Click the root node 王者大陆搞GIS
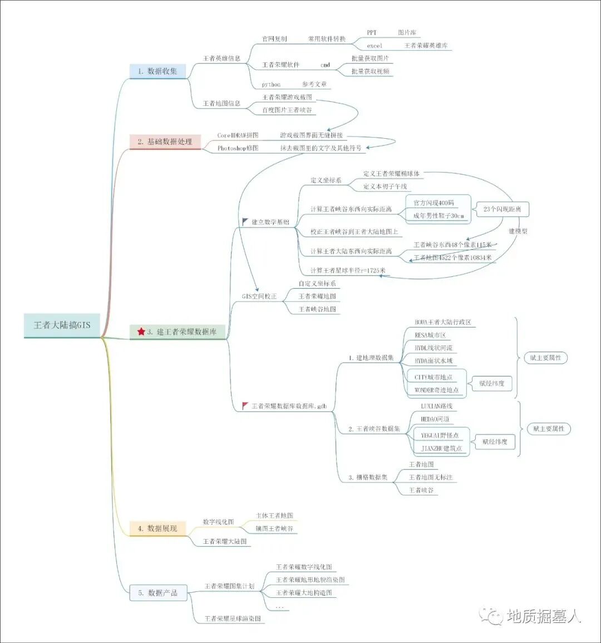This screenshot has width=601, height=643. (x=62, y=325)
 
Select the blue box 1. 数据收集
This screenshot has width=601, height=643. (x=157, y=71)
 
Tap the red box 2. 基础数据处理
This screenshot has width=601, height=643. (x=165, y=142)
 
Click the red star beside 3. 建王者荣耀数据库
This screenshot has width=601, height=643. (x=141, y=332)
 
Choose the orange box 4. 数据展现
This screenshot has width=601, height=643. (x=157, y=528)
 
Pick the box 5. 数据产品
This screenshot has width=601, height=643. (x=158, y=593)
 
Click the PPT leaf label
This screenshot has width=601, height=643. (x=372, y=33)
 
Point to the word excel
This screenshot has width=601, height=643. (x=375, y=46)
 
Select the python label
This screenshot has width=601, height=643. (x=271, y=84)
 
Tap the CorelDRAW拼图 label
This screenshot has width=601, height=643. (x=238, y=135)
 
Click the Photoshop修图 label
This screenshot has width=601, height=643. (x=238, y=148)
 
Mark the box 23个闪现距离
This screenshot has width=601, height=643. (x=502, y=209)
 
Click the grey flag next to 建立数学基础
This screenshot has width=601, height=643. (x=246, y=222)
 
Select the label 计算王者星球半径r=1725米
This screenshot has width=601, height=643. (x=348, y=270)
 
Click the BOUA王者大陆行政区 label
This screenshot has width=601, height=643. (x=443, y=322)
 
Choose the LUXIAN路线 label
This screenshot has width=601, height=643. (x=436, y=406)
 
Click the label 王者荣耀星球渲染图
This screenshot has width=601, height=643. (x=233, y=618)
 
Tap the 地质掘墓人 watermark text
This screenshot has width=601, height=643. (x=544, y=616)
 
